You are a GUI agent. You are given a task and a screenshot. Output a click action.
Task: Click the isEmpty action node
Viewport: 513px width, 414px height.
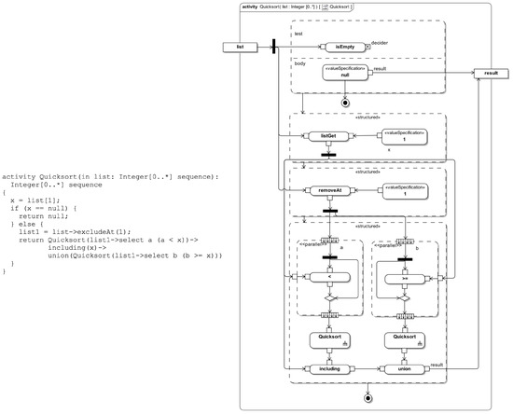345,46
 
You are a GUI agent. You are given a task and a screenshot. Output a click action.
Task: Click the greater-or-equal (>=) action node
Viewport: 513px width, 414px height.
403,277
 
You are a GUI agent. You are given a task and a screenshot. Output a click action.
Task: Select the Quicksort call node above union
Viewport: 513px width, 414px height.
403,340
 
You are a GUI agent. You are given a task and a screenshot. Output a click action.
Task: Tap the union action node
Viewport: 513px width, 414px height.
403,369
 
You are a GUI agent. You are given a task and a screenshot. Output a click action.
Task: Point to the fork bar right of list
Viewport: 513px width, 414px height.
273,46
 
